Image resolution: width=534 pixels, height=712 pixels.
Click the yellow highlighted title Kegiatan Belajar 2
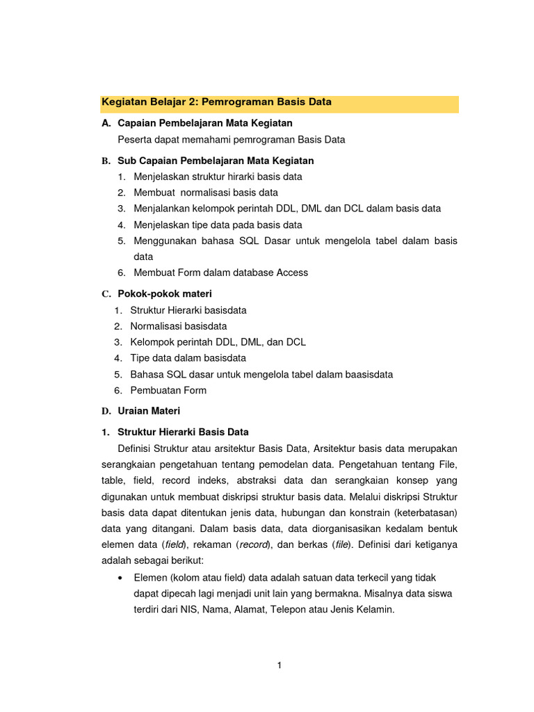click(217, 102)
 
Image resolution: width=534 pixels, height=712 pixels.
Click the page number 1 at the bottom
click(279, 665)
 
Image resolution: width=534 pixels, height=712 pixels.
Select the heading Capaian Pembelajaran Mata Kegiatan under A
click(205, 123)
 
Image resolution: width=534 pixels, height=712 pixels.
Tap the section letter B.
click(106, 161)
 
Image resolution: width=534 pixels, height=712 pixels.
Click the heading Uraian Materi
click(149, 411)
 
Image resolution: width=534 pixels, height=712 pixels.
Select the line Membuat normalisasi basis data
click(206, 193)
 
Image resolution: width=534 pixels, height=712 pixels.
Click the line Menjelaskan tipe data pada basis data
click(218, 225)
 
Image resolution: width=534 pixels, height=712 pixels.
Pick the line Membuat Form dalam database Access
click(220, 273)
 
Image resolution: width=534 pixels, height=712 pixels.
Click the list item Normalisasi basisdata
click(179, 325)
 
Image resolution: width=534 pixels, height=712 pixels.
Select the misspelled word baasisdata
click(367, 374)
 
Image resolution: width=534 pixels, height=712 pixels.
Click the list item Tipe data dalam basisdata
click(188, 358)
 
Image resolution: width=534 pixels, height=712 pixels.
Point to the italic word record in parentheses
click(254, 545)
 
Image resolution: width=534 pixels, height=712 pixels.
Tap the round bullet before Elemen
click(122, 578)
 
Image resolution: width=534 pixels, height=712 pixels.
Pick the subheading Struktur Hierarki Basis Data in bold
click(183, 432)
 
